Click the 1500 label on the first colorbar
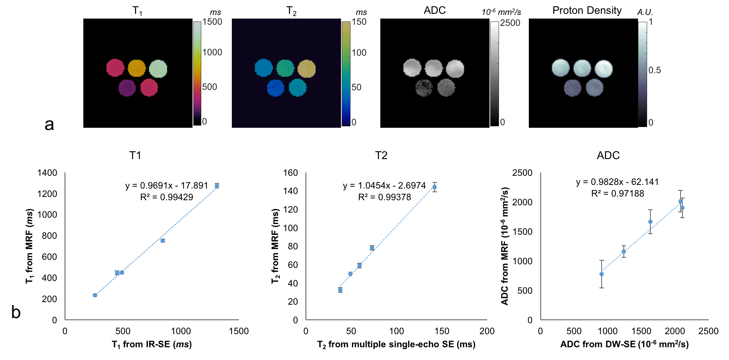(x=212, y=22)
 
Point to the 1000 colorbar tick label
(x=212, y=53)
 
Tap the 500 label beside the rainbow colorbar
(x=209, y=87)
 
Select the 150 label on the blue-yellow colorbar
(x=359, y=22)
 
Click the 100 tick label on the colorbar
(x=359, y=53)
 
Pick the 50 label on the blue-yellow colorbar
(x=356, y=87)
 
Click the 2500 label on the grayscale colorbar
(x=510, y=23)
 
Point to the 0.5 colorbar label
(x=654, y=70)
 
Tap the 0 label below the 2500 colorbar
(x=502, y=122)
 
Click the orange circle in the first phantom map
(x=137, y=68)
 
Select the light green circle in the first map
(x=158, y=69)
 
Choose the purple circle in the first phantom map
(x=127, y=88)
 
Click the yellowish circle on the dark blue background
(x=306, y=69)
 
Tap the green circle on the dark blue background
(x=285, y=68)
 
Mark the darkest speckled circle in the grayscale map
(x=424, y=88)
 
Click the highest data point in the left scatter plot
(x=217, y=186)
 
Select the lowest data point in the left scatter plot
(x=95, y=295)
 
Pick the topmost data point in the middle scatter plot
(x=435, y=187)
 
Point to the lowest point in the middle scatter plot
(x=340, y=290)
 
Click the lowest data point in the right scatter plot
(x=602, y=274)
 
